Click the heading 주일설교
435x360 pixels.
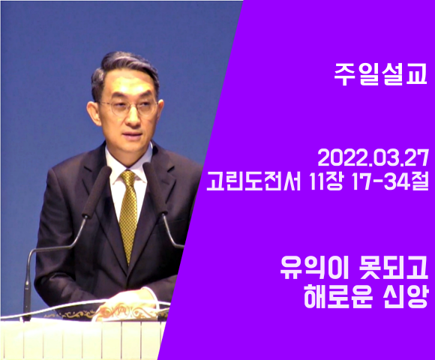point(380,73)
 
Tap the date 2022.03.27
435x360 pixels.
point(373,159)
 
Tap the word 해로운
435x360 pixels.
point(338,296)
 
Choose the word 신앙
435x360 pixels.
point(404,296)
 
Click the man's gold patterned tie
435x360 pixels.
point(128,214)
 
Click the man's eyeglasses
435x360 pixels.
point(129,107)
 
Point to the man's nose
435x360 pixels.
point(135,116)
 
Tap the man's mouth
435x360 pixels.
point(133,135)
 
